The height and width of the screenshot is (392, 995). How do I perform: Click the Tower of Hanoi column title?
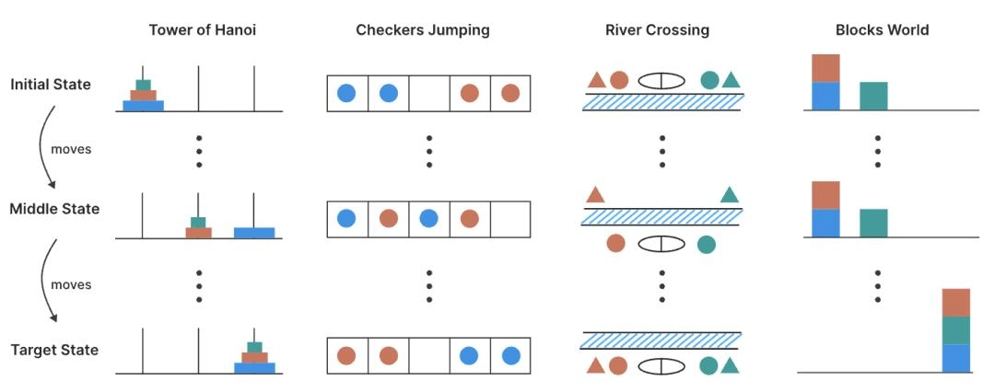pyautogui.click(x=202, y=30)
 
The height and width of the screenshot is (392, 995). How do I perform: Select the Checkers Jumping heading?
pyautogui.click(x=423, y=30)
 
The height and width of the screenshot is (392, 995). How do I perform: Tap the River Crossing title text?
pyautogui.click(x=657, y=30)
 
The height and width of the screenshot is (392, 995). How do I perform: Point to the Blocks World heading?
pyautogui.click(x=882, y=30)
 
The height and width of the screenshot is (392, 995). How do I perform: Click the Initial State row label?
pyautogui.click(x=51, y=85)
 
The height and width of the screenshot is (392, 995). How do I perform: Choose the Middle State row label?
pyautogui.click(x=54, y=209)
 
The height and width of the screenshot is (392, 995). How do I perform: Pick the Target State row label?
pyautogui.click(x=54, y=350)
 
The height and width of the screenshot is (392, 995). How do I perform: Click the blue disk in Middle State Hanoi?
pyautogui.click(x=254, y=233)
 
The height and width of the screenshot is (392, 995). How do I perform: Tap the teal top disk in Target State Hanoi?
pyautogui.click(x=254, y=347)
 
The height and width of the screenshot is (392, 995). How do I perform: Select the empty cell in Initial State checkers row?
pyautogui.click(x=429, y=93)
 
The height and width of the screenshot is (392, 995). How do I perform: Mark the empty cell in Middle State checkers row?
pyautogui.click(x=510, y=219)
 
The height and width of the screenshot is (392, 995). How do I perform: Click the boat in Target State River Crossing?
pyautogui.click(x=662, y=366)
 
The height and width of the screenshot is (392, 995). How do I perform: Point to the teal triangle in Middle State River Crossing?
pyautogui.click(x=730, y=194)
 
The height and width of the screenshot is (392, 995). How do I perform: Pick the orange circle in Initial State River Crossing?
pyautogui.click(x=618, y=80)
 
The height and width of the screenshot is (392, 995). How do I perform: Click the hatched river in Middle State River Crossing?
pyautogui.click(x=662, y=217)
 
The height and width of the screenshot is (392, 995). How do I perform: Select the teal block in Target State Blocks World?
pyautogui.click(x=956, y=330)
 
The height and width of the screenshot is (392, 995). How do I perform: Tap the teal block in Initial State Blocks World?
pyautogui.click(x=873, y=96)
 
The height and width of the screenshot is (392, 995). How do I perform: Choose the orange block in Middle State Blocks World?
pyautogui.click(x=825, y=195)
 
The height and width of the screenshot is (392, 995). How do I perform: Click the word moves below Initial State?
pyautogui.click(x=71, y=149)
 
